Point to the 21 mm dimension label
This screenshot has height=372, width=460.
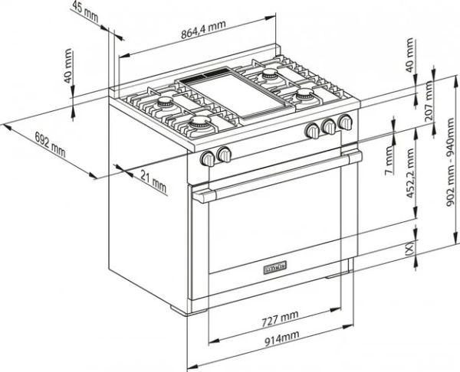153,182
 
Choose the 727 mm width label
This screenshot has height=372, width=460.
278,316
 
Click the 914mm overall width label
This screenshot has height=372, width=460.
278,337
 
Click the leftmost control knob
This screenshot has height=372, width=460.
208,158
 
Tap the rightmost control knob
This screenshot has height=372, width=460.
345,122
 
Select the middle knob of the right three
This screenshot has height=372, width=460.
329,126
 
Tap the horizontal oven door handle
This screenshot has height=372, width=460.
276,176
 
